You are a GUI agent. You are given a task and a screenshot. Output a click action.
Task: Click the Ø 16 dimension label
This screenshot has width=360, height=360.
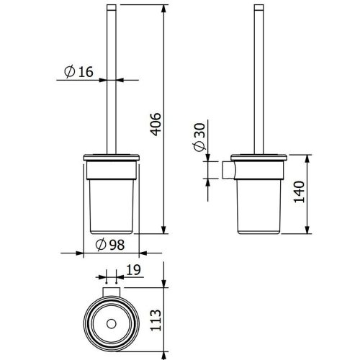(x=78, y=71)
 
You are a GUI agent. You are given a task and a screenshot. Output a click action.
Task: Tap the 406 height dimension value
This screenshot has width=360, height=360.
(x=156, y=124)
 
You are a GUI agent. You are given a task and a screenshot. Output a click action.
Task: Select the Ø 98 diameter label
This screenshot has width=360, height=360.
(x=110, y=245)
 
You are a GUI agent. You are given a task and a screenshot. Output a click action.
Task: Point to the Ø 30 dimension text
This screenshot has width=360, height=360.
(x=199, y=137)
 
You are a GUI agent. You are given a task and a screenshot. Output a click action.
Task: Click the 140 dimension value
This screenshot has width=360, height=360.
(x=300, y=192)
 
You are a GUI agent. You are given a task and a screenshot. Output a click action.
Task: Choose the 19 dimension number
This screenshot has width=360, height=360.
(x=133, y=270)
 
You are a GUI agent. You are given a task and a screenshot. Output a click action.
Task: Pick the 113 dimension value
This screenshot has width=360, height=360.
(x=156, y=320)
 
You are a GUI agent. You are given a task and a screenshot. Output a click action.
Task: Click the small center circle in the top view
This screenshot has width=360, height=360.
(x=111, y=324)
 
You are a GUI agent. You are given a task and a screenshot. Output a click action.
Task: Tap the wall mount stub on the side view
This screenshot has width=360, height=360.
(x=228, y=170)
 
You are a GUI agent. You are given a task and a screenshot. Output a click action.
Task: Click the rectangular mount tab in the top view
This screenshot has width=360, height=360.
(x=111, y=292)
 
